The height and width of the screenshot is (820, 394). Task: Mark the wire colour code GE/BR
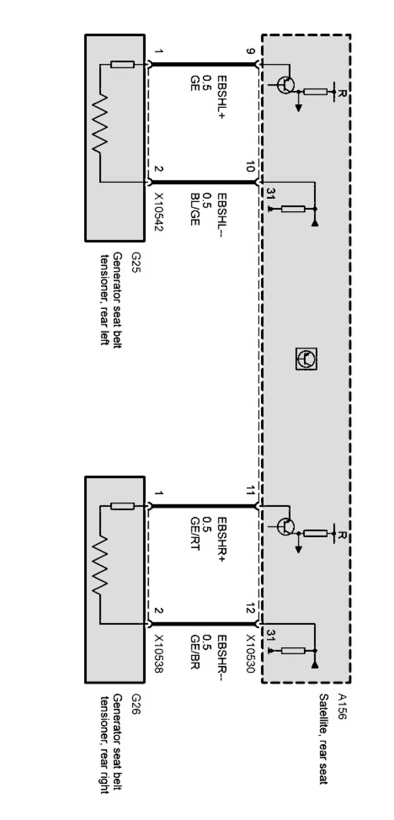pos(195,653)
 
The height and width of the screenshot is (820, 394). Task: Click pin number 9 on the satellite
pos(250,51)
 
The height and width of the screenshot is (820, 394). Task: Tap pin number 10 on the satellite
pos(250,167)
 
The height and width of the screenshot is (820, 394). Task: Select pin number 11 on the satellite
pos(250,491)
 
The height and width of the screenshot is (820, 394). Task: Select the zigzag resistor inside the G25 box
pos(100,123)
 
